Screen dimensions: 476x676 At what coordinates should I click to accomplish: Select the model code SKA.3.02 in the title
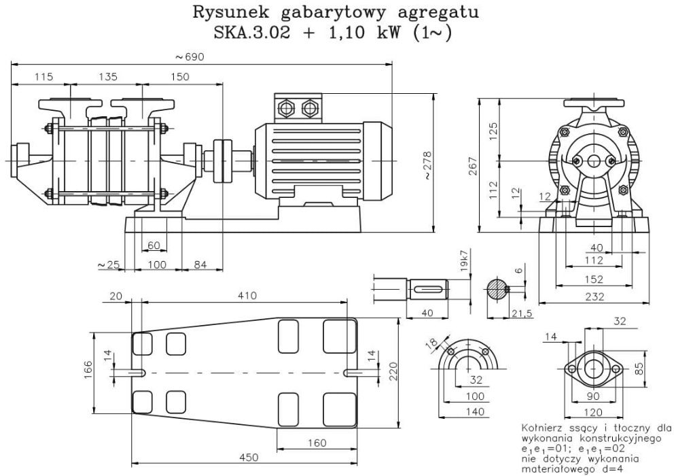point(251,33)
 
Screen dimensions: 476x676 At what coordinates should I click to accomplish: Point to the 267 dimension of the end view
point(474,165)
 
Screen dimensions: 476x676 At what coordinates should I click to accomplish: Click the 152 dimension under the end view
point(595,279)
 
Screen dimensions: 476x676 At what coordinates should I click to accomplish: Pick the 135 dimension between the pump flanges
point(107,77)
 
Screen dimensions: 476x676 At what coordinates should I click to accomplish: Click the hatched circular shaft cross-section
point(497,288)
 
